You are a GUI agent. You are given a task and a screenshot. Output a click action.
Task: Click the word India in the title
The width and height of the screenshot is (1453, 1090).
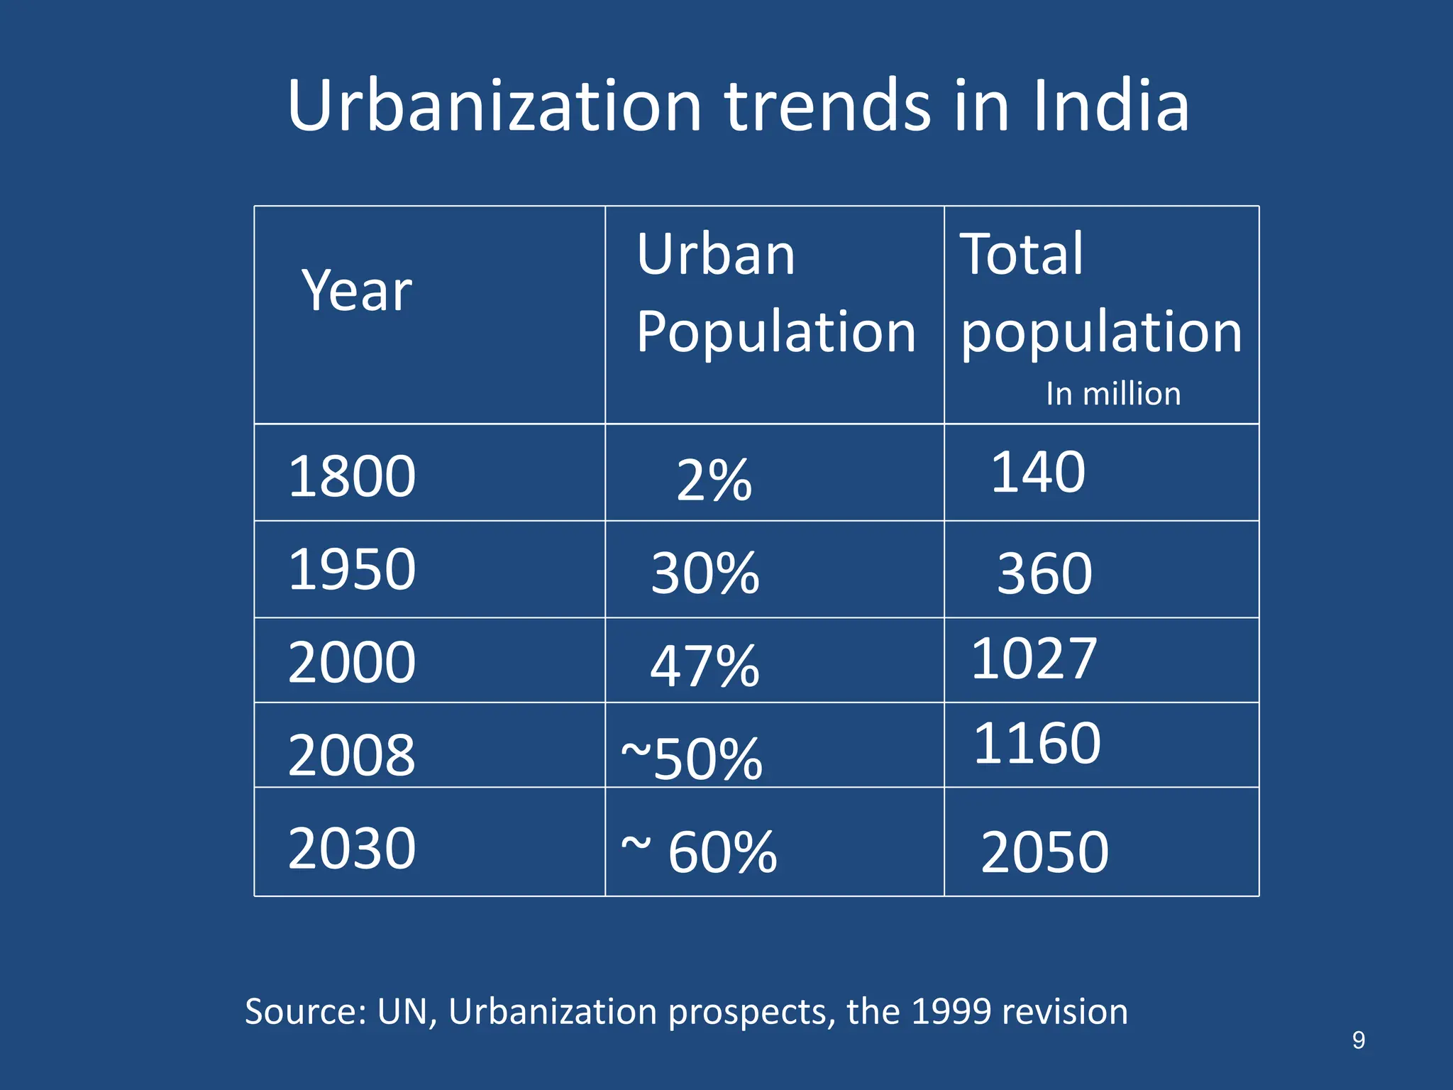coord(1110,106)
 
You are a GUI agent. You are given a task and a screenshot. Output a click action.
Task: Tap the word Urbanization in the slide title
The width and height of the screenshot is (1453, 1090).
coord(495,106)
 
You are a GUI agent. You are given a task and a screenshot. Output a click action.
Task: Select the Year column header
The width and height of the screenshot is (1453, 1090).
coord(357,291)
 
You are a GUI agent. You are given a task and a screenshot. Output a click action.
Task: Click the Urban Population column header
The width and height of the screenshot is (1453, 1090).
coord(775,292)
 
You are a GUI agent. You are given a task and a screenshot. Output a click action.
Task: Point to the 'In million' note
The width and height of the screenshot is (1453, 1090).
coord(1112,394)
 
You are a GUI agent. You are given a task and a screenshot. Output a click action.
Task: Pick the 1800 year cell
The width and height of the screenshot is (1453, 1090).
coord(352,476)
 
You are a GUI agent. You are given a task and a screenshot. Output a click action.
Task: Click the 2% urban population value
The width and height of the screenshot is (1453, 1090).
coord(714,480)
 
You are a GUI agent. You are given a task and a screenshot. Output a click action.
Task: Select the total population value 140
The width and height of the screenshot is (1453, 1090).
coord(1037,473)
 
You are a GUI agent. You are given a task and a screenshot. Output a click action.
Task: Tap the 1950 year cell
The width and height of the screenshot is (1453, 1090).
coord(352,569)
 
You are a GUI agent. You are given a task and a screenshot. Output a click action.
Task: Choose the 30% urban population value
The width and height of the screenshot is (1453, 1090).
coord(705,573)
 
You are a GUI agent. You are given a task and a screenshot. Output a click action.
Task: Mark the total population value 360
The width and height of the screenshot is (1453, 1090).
coord(1044,573)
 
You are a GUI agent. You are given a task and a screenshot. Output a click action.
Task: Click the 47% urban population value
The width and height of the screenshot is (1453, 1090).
coord(705,666)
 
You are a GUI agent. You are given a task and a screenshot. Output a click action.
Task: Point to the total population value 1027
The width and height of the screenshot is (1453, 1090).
coord(1034,659)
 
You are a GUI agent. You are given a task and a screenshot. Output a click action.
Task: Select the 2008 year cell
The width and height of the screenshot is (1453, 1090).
coord(352,755)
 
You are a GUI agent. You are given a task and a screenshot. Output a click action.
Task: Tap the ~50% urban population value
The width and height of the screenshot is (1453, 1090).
coord(692,759)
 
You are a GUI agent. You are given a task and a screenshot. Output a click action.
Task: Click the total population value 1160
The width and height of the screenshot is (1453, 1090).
coord(1037,744)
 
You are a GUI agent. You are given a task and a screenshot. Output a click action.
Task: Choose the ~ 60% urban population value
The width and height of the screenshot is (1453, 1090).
coord(699,852)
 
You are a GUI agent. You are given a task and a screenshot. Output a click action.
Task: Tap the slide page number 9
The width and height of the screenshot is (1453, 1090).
coord(1358,1040)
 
